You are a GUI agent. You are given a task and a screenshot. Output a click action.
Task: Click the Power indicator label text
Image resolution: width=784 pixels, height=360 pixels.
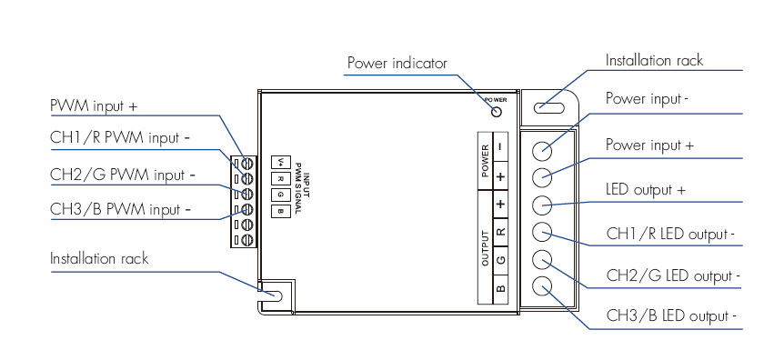[397, 64]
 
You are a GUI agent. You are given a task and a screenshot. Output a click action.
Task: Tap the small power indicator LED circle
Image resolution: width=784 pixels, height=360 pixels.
[497, 112]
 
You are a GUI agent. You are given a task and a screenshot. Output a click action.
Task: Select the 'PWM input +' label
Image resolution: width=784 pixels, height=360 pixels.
[94, 106]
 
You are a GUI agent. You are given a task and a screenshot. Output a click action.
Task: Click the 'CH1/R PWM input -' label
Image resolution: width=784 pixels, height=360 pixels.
[120, 137]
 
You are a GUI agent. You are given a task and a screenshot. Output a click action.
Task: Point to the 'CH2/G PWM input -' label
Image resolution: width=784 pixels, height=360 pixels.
[123, 175]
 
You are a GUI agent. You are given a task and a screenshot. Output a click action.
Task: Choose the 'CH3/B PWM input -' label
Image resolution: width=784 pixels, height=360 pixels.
[120, 209]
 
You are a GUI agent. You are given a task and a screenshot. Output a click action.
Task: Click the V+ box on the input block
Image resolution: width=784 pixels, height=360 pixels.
[281, 162]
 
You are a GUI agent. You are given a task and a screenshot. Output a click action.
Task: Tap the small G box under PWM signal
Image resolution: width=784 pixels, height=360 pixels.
[281, 195]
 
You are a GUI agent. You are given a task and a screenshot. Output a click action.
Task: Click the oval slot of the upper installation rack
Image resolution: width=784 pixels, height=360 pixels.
[549, 107]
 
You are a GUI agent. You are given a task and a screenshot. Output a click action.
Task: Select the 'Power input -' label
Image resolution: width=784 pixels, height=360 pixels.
[647, 98]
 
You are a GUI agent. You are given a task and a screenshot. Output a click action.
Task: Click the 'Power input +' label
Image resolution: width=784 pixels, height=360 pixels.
[650, 145]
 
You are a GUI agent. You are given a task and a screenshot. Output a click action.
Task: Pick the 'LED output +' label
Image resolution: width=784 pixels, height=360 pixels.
[646, 189]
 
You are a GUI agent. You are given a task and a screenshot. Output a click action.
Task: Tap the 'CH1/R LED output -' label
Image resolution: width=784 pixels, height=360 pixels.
[670, 234]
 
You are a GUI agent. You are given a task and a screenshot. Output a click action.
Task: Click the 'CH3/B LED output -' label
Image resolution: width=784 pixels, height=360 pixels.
[671, 315]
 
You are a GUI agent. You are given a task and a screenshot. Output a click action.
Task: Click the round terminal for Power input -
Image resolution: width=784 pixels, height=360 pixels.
[541, 150]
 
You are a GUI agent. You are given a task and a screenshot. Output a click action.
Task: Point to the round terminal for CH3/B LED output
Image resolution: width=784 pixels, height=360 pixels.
[541, 286]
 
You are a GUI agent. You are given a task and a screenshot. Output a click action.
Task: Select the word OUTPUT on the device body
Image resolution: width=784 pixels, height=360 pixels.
[485, 247]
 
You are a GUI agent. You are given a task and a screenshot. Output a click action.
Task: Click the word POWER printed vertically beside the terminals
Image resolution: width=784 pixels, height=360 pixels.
[485, 161]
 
